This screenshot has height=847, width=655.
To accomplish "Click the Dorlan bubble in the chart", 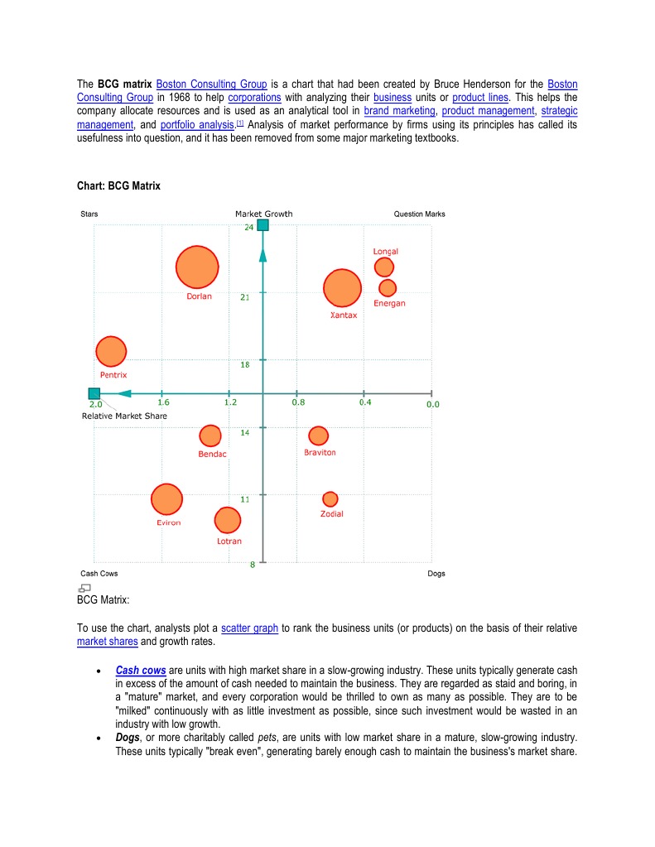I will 197,267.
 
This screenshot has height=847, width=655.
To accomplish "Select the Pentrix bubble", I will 111,351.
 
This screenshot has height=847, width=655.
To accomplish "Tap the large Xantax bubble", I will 342,288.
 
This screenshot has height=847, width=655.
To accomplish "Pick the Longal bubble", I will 383,267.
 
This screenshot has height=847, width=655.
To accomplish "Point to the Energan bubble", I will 387,287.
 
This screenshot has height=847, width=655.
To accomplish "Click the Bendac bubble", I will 210,436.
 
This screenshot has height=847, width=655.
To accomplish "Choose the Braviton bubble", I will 318,436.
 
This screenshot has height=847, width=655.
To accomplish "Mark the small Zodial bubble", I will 330,498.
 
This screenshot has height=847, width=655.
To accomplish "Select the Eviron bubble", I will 166,499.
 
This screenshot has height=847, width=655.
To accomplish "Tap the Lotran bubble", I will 227,520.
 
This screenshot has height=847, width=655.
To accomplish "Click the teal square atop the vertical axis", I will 262,225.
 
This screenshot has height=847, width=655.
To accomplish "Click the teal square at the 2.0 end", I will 94,393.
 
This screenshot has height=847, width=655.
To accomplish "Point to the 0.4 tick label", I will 365,403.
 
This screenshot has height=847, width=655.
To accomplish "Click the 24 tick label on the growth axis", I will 248,227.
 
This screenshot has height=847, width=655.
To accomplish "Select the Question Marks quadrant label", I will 419,214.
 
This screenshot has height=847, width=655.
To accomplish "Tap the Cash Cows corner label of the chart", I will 99,574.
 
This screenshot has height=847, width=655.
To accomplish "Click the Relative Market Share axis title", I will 124,416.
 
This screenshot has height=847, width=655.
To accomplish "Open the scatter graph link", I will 249,628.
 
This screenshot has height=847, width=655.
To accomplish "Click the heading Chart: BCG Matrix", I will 118,186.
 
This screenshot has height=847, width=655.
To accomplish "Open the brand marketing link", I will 399,110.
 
